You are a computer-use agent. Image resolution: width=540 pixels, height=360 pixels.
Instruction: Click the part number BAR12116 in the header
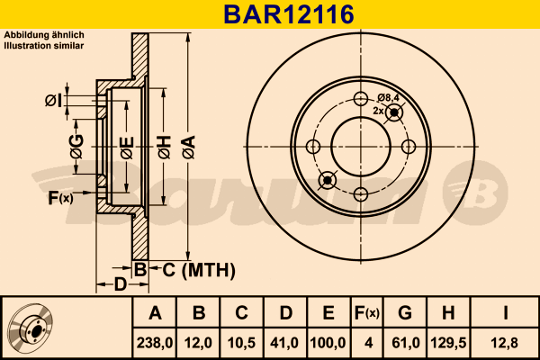coord(289,14)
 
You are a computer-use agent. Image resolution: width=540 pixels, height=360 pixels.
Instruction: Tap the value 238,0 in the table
coord(155,343)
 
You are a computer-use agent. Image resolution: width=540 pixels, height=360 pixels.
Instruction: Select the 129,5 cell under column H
coord(448,343)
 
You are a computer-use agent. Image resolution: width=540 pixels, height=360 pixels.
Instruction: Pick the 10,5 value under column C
coord(242,343)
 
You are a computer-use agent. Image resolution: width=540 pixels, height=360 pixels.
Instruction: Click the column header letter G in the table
coord(405,313)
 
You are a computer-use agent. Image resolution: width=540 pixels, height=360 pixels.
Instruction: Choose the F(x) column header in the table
coord(367,313)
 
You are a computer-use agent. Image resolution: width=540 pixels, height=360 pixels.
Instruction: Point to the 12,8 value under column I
coord(505,343)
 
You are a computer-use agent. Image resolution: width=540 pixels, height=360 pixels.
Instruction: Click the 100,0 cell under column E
coord(328,343)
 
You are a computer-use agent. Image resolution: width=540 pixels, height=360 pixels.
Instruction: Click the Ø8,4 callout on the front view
coord(388,98)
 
